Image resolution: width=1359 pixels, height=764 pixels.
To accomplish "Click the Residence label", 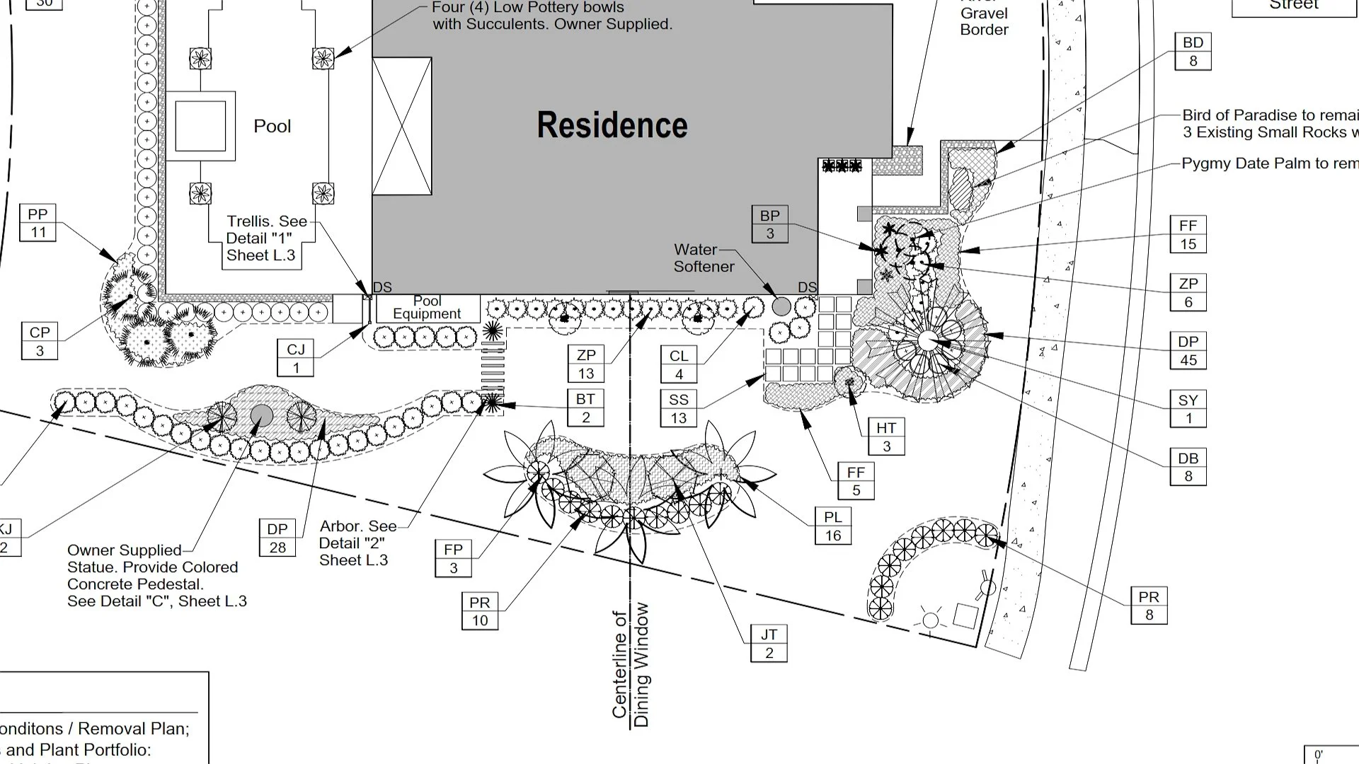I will tap(612, 125).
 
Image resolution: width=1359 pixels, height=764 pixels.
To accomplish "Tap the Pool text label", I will tap(272, 127).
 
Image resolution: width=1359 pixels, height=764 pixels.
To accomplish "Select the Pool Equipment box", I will tap(427, 308).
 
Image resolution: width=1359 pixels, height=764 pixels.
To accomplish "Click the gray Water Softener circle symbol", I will tap(781, 306).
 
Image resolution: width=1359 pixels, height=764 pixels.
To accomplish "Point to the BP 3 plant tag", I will tap(769, 224).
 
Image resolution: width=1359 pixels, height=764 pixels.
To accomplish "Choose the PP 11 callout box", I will tap(38, 223).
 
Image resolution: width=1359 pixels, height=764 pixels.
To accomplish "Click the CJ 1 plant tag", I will tap(296, 358).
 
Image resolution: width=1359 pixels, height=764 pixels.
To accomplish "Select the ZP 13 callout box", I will tap(586, 364).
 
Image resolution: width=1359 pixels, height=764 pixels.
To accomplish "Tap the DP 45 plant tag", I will tap(1188, 350).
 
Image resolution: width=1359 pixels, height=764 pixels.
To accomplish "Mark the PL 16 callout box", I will tap(832, 526).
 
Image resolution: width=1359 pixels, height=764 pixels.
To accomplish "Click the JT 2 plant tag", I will tap(769, 644).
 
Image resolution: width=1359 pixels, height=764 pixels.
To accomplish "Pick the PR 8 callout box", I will tap(1148, 606).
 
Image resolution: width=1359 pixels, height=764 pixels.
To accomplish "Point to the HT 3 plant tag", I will tap(885, 436).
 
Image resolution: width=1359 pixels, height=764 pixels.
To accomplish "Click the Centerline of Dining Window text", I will tap(630, 665).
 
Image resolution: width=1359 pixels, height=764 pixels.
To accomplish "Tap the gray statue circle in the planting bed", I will tap(261, 415).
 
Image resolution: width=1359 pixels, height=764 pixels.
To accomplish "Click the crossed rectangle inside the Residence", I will tap(402, 126).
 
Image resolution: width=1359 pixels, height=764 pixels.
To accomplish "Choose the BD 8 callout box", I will tap(1193, 51).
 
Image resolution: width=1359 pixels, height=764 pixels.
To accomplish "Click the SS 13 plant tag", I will tap(678, 408).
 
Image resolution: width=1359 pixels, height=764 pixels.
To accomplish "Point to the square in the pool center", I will tap(200, 126).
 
